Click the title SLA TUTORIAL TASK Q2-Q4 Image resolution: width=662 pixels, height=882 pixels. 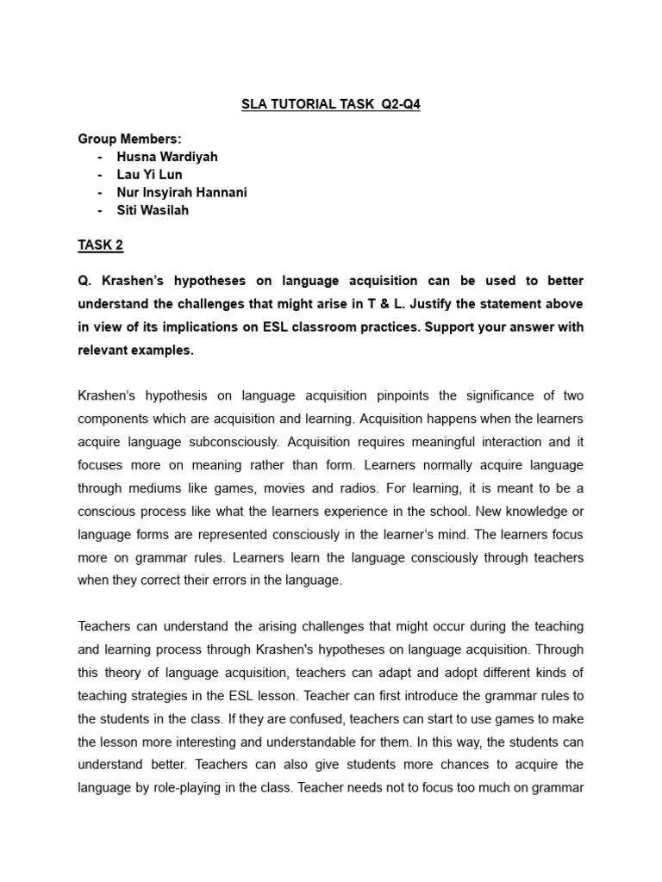pyautogui.click(x=330, y=105)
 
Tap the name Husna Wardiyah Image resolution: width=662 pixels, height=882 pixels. pyautogui.click(x=169, y=158)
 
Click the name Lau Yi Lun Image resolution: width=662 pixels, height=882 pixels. pyautogui.click(x=149, y=175)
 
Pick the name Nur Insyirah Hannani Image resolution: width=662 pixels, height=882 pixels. pyautogui.click(x=182, y=193)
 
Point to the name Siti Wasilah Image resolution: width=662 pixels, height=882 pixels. pyautogui.click(x=153, y=210)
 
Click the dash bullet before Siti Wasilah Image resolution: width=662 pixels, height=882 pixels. pyautogui.click(x=100, y=210)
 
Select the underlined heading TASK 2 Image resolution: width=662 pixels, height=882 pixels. pyautogui.click(x=101, y=245)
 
